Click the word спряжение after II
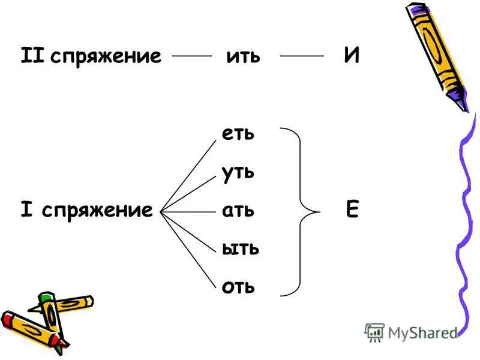(x=106, y=56)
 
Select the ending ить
(x=243, y=56)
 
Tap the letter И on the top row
(x=352, y=56)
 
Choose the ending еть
(x=238, y=133)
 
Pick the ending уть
(x=238, y=173)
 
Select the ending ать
(x=238, y=211)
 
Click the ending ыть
(x=241, y=248)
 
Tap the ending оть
(x=238, y=287)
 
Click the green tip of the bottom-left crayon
(x=44, y=298)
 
